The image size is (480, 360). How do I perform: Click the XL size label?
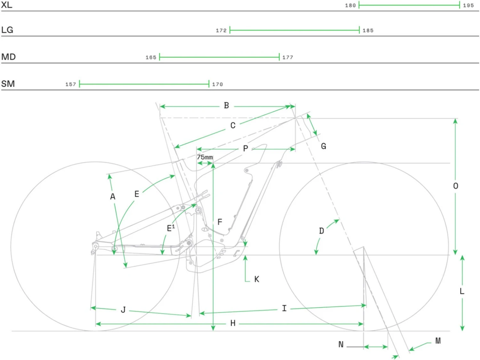point(6,5)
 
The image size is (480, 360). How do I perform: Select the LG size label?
point(7,30)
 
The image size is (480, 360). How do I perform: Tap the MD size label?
point(8,57)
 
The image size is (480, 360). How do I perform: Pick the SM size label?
point(8,84)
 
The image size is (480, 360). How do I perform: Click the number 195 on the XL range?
point(468,5)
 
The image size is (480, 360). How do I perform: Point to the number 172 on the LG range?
point(221,30)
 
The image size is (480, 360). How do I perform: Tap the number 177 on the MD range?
point(288,57)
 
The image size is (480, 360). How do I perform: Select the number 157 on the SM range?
point(71,84)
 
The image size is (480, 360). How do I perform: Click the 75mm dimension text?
point(205,157)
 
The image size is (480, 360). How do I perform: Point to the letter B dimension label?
point(227,106)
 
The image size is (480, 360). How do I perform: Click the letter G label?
point(324,146)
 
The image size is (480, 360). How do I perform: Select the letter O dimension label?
point(456,186)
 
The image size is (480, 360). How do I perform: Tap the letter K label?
point(257,279)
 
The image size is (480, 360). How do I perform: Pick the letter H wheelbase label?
point(233,324)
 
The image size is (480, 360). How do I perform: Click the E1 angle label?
point(171,228)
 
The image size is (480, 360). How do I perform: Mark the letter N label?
point(341,344)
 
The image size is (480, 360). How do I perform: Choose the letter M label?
point(438,341)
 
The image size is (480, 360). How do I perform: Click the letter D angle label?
point(322,231)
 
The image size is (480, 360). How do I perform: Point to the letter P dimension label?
point(245,148)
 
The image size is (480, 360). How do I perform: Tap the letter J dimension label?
point(123,310)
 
